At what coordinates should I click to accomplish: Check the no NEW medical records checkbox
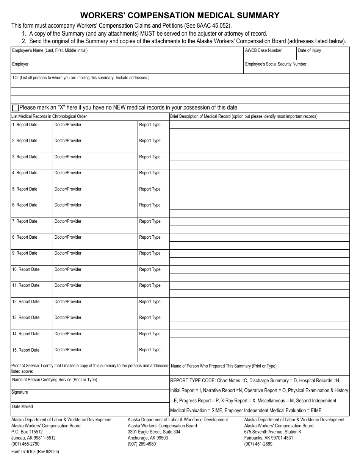point(15,108)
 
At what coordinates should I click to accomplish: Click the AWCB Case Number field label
point(263,50)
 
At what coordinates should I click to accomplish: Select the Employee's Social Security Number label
point(275,64)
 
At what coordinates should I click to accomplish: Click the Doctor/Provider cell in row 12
point(95,306)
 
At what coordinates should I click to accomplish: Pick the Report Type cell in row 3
point(153,161)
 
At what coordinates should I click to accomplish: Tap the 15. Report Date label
point(26,350)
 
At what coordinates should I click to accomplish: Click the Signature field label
point(20,392)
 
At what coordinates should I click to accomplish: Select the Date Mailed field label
point(22,407)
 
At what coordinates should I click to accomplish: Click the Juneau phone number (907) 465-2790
point(25,444)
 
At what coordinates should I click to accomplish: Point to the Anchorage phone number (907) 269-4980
point(142,444)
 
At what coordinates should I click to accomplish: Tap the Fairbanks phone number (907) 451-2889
point(258,444)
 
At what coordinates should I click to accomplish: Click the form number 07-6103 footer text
point(35,452)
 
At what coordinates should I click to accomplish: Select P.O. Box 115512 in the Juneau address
point(27,432)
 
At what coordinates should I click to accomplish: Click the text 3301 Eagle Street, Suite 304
point(154,432)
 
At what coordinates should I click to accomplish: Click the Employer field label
point(20,64)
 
